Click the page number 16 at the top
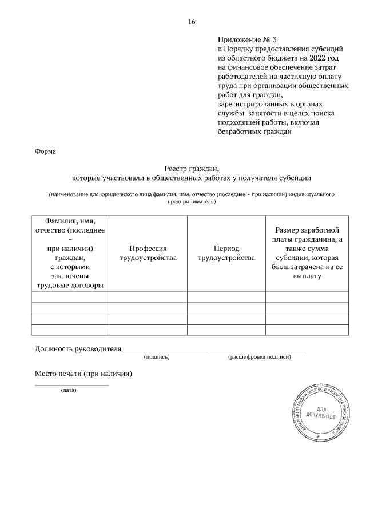pyautogui.click(x=192, y=22)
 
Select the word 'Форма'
pyautogui.click(x=46, y=151)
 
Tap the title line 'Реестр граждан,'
pyautogui.click(x=192, y=168)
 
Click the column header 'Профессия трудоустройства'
pyautogui.click(x=148, y=253)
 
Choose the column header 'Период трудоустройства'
pyautogui.click(x=226, y=253)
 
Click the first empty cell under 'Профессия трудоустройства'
pyautogui.click(x=148, y=297)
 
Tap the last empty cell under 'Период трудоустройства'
pyautogui.click(x=226, y=330)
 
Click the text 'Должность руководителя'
pyautogui.click(x=78, y=348)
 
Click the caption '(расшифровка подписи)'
pyautogui.click(x=260, y=357)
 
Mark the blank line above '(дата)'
pyautogui.click(x=71, y=386)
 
